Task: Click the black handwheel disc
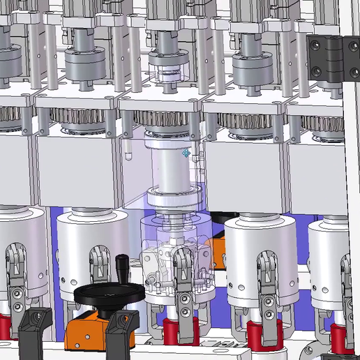point(105,297)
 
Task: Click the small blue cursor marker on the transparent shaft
point(186,153)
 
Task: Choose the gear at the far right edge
point(328,126)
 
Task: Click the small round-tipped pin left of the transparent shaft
point(130,150)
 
